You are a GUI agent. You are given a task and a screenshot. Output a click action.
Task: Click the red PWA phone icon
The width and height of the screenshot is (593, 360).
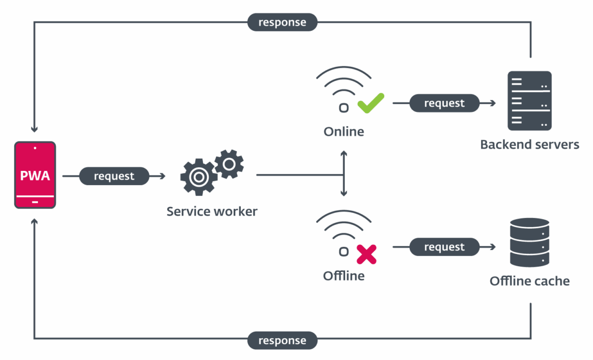click(35, 175)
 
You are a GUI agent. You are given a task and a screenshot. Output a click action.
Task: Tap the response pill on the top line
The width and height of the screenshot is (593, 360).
click(282, 22)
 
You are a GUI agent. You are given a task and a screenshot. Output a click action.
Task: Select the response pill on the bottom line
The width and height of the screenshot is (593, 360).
click(282, 340)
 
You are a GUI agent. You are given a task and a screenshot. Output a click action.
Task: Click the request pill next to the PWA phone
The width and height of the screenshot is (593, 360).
click(114, 176)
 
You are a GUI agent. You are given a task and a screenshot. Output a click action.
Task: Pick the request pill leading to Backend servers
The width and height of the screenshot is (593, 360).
click(444, 103)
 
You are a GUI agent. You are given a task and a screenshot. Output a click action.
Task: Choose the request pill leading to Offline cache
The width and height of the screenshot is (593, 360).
click(444, 247)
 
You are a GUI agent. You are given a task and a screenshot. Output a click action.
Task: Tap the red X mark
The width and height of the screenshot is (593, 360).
click(366, 254)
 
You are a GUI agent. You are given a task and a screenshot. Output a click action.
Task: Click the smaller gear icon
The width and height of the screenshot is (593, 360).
click(229, 164)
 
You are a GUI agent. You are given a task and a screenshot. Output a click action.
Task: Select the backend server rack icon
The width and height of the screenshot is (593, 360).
click(530, 101)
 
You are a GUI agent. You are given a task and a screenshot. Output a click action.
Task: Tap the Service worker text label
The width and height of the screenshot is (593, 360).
click(212, 211)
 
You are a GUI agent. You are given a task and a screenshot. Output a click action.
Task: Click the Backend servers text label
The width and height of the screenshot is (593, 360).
click(530, 145)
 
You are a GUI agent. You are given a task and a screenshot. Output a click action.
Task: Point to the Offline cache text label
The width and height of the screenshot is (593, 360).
click(530, 281)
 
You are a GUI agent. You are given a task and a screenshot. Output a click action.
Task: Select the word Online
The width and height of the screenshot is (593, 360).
click(344, 132)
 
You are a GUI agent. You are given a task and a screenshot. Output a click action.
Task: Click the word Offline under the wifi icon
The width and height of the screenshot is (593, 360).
click(344, 276)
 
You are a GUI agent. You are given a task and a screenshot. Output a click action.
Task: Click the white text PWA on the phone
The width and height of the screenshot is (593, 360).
click(35, 176)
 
